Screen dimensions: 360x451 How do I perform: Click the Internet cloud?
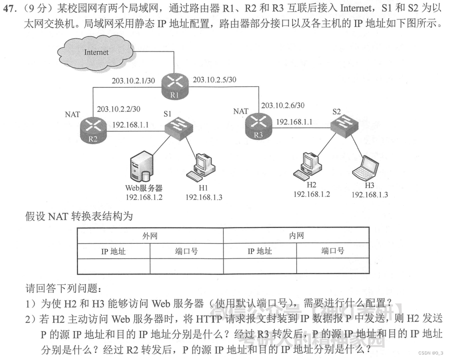tap(95, 52)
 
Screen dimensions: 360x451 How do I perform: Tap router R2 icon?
tap(93, 129)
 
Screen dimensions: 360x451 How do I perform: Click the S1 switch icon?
tap(179, 127)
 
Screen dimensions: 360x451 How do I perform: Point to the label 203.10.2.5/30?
tap(214, 79)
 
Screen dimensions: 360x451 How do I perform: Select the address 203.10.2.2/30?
tap(118, 108)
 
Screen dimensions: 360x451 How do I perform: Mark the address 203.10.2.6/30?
tap(282, 105)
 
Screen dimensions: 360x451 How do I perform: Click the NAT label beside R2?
tap(72, 114)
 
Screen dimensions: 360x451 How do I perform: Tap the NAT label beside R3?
tap(241, 111)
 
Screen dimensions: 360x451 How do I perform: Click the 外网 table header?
tap(149, 235)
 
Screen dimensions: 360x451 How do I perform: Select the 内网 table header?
tap(296, 235)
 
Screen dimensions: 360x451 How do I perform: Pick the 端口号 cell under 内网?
tap(332, 251)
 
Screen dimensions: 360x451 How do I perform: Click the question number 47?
tap(10, 9)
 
